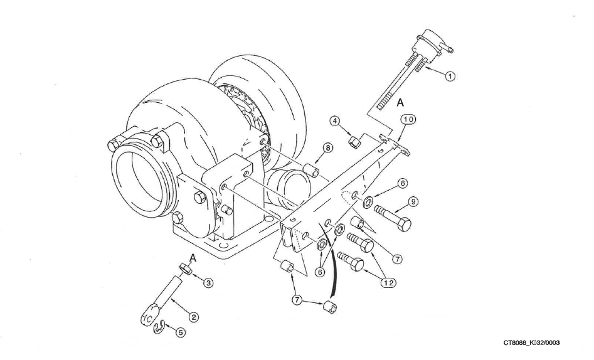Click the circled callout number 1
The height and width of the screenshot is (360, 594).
[450, 76]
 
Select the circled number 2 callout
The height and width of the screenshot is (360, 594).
[193, 317]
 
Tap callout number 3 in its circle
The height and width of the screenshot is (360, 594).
[208, 283]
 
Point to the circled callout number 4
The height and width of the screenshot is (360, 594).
[334, 121]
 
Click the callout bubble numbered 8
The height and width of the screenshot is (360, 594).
[327, 147]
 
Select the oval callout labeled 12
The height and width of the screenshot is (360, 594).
[389, 283]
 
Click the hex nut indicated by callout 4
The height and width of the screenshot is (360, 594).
[354, 143]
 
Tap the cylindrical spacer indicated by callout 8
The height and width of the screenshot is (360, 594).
[311, 169]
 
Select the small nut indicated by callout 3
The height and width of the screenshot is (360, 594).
[185, 268]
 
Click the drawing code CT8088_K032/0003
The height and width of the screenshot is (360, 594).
[531, 343]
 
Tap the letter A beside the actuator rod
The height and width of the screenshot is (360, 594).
[400, 102]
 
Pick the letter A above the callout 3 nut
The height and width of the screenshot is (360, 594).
[193, 258]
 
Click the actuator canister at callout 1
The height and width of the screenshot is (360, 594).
[430, 43]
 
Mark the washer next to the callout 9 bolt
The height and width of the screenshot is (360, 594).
[368, 201]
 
